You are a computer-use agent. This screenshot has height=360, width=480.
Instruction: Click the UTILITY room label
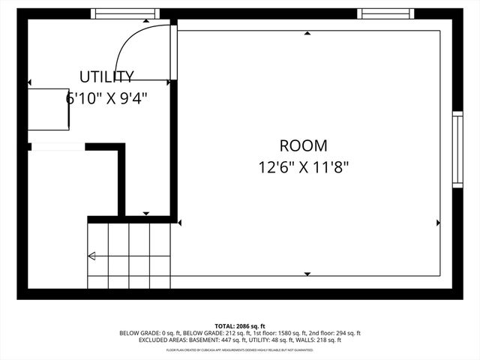(x=106, y=76)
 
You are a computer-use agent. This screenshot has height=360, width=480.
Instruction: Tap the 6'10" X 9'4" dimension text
(x=106, y=98)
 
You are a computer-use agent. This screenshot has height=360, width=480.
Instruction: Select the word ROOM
(x=303, y=145)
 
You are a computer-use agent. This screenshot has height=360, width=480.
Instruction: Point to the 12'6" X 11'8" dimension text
(x=304, y=167)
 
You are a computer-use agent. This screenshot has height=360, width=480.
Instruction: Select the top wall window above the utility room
(x=124, y=13)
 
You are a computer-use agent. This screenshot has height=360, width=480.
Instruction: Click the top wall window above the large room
(x=386, y=13)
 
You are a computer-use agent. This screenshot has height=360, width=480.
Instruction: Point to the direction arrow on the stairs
(x=91, y=256)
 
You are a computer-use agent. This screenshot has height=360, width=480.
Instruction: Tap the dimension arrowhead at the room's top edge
(x=307, y=33)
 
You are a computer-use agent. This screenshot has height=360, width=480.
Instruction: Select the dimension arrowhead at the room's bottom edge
(x=307, y=274)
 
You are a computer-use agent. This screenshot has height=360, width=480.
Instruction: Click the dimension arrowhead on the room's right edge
(x=438, y=222)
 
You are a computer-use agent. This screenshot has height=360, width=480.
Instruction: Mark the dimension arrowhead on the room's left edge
(x=180, y=222)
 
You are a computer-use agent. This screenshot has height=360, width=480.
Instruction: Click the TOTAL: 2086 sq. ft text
(x=240, y=326)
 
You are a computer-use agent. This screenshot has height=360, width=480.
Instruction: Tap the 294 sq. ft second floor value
(x=346, y=333)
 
